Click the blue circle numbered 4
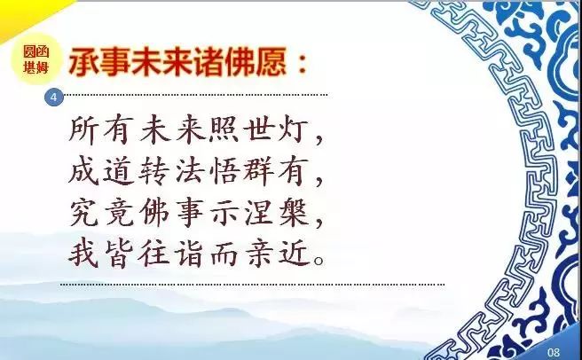(x=54, y=98)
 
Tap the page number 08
(x=553, y=352)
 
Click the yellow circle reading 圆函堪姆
(x=36, y=59)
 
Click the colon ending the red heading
(x=303, y=62)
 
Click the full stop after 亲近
(x=319, y=260)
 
